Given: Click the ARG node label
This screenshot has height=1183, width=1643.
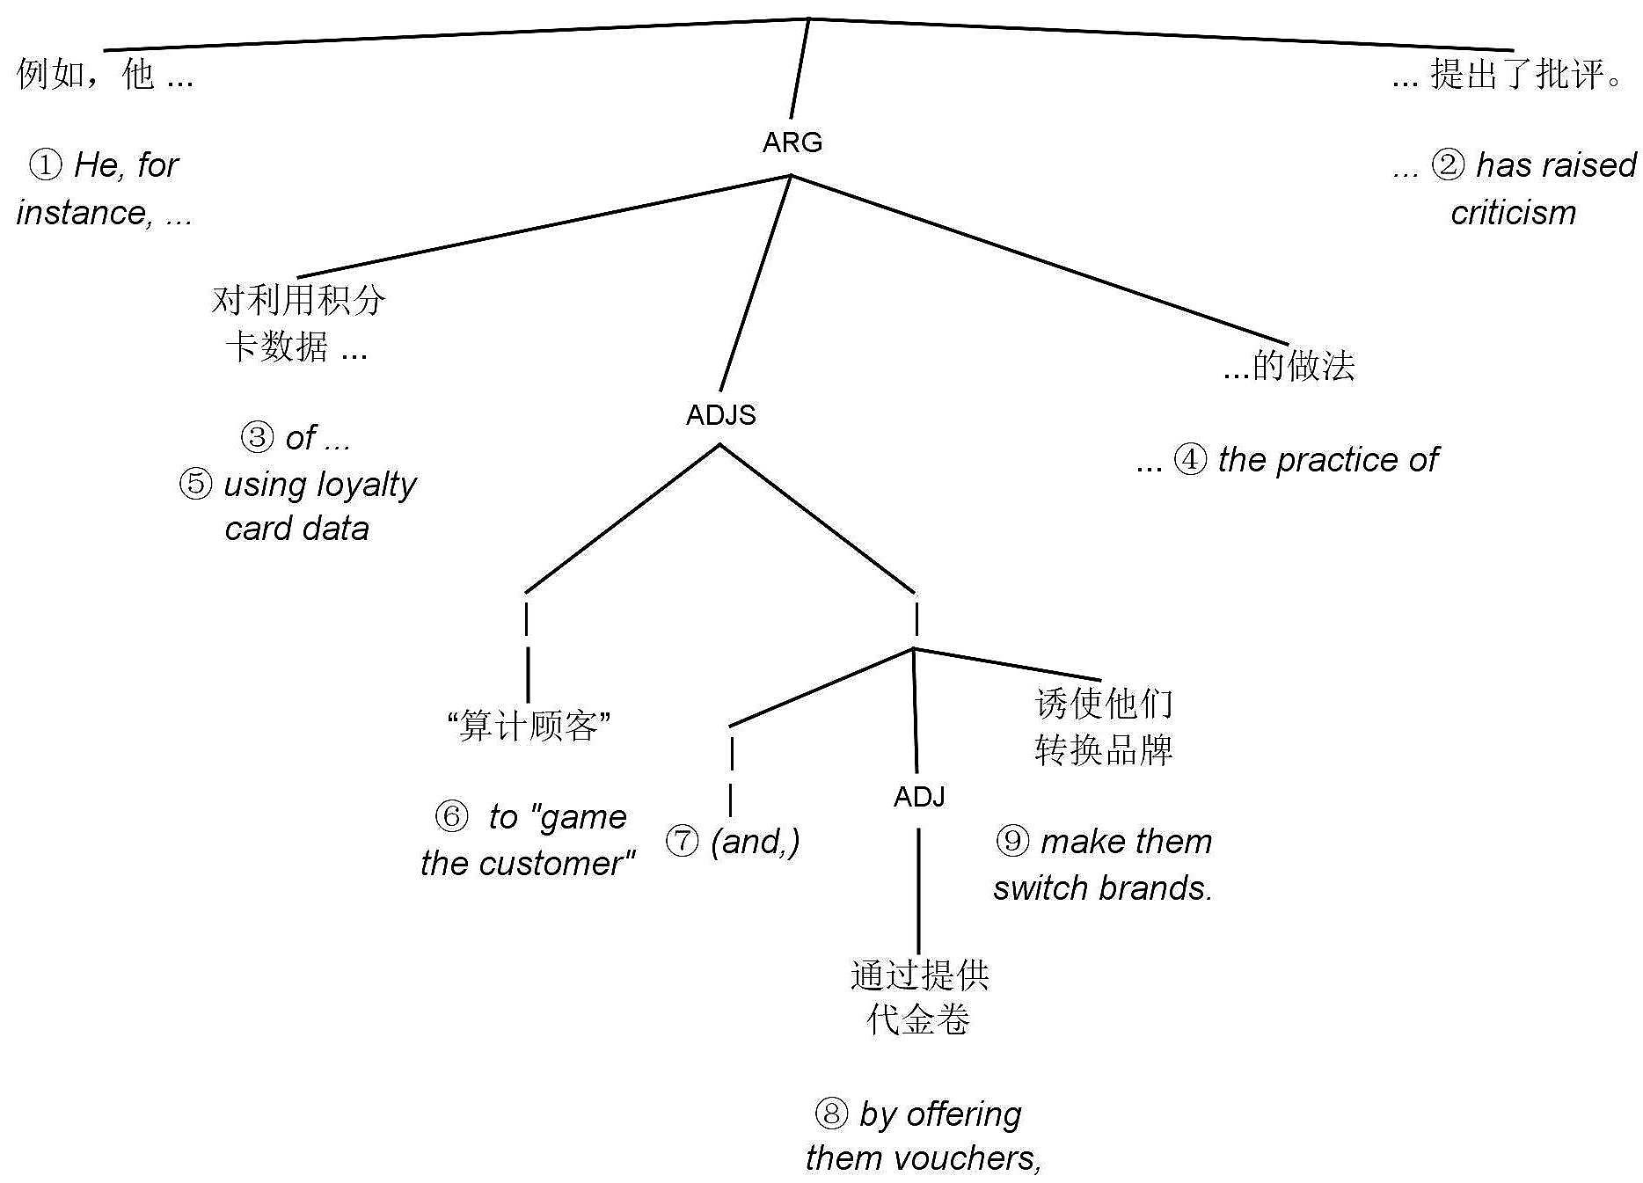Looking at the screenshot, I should pyautogui.click(x=792, y=142).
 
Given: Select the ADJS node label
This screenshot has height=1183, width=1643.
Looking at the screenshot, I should pyautogui.click(x=720, y=415).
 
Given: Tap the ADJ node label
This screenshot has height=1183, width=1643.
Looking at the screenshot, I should pyautogui.click(x=919, y=797).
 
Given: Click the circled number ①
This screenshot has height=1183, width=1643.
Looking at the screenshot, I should pyautogui.click(x=46, y=165).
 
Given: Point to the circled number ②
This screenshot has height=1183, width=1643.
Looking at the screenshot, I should pyautogui.click(x=1448, y=165).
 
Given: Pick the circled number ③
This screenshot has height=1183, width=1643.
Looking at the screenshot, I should pyautogui.click(x=257, y=437).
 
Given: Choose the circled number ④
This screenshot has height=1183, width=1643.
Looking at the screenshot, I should pyautogui.click(x=1190, y=460).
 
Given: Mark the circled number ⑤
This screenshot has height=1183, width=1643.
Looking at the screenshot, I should pyautogui.click(x=195, y=484).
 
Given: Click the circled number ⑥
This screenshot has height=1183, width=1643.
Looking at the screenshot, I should pyautogui.click(x=451, y=817).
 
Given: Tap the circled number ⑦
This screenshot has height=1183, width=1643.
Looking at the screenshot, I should pyautogui.click(x=683, y=842).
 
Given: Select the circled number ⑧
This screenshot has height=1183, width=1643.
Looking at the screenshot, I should pyautogui.click(x=831, y=1114).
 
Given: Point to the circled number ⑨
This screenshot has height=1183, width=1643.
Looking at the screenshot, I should pyautogui.click(x=1012, y=842).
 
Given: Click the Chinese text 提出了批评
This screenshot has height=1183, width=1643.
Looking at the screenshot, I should pyautogui.click(x=1526, y=74).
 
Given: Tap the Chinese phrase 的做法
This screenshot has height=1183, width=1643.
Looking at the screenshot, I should pyautogui.click(x=1303, y=366).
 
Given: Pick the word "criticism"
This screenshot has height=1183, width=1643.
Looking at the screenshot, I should pyautogui.click(x=1513, y=213).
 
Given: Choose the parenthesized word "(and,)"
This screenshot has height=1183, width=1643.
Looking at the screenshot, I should pyautogui.click(x=756, y=842).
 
